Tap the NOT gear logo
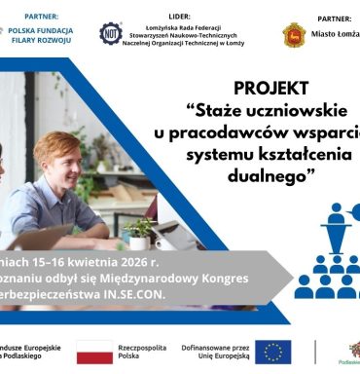click(111, 33)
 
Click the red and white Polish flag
click(95, 352)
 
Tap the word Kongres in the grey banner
click(223, 277)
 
